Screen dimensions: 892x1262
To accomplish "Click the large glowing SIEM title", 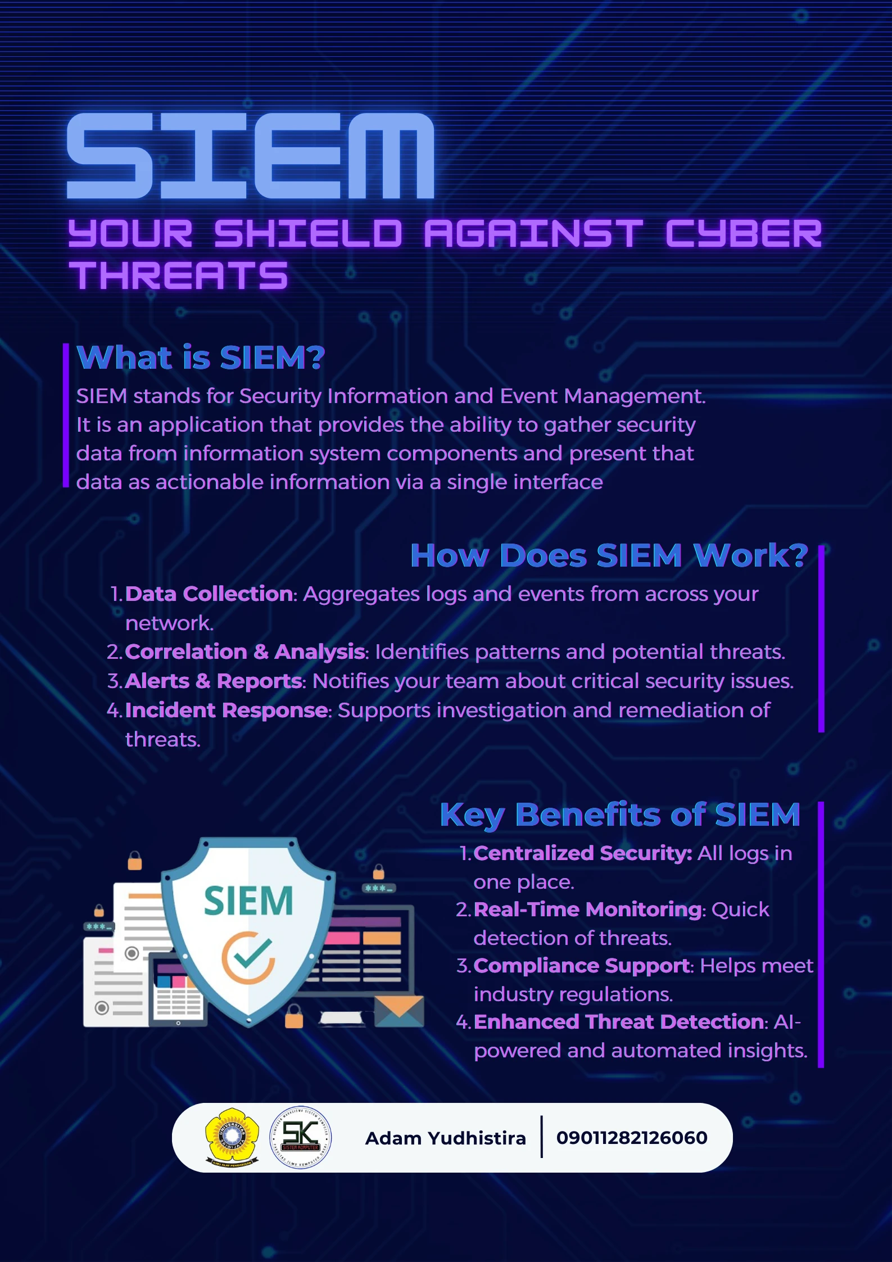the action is (251, 156).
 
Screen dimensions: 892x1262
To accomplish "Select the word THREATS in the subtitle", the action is (178, 275).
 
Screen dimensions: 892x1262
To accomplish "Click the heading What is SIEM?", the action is (201, 358).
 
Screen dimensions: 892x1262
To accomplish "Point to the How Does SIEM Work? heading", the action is (609, 555).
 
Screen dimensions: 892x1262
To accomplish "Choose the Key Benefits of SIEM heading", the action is (620, 815).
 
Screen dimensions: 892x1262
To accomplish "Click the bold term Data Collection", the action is (209, 594).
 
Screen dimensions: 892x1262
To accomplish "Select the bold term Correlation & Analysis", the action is (245, 652).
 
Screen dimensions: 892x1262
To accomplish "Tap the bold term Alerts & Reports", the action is (214, 681).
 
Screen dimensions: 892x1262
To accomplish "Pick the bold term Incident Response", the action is (227, 711).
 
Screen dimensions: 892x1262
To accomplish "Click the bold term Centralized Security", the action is (582, 853).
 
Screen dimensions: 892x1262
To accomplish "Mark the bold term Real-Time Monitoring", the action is (587, 910).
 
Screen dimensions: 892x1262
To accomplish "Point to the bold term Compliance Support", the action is (581, 966).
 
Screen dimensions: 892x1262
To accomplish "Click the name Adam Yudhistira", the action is (446, 1138).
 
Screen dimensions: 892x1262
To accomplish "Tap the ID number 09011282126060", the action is (632, 1138).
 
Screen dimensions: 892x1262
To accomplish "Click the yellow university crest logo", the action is (232, 1137).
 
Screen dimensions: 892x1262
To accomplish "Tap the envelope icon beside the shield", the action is (399, 1011).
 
